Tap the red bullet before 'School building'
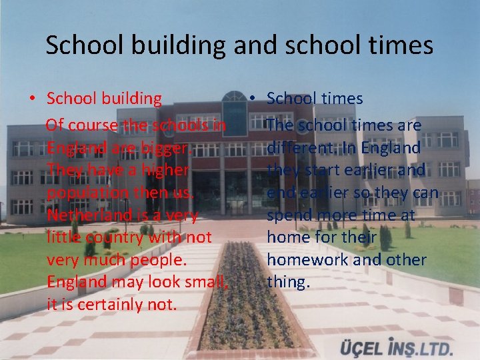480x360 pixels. pos(32,99)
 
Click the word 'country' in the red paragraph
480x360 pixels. pos(111,237)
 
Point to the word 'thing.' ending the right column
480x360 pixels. pos(289,282)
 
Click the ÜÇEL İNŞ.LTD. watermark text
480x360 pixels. pos(397,348)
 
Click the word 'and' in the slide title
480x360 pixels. pos(261,45)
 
